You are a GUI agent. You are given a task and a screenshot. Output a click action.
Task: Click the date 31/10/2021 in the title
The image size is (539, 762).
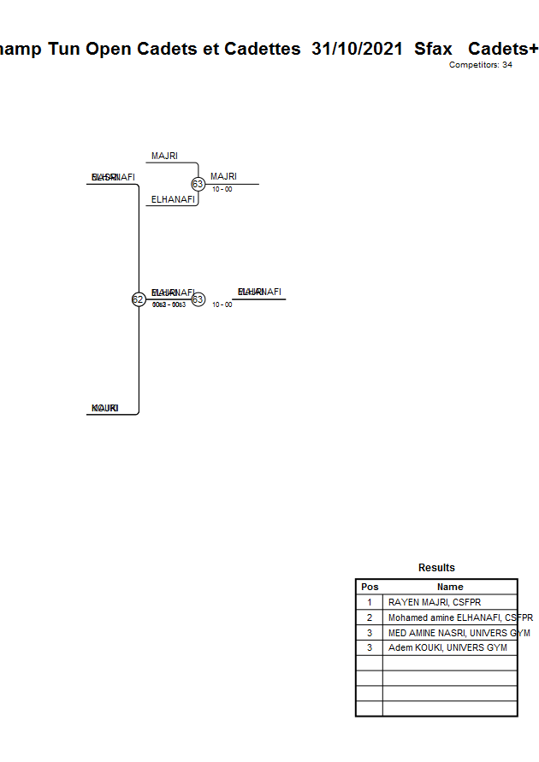coord(357,49)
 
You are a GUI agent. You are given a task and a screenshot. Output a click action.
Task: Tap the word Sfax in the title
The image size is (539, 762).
coord(433,49)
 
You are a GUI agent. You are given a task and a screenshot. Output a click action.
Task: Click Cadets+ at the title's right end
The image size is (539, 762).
coord(503,49)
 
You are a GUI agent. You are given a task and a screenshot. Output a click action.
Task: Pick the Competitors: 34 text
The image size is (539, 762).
coord(480,65)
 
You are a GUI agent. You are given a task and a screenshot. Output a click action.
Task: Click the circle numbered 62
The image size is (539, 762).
coord(138,299)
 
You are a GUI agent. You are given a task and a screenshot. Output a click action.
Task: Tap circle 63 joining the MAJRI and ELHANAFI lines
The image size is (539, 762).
coord(198,184)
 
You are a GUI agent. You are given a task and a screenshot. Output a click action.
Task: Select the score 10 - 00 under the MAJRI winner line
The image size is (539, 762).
coord(222,189)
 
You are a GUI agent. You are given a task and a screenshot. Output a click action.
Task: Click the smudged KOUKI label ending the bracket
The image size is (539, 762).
coord(104,409)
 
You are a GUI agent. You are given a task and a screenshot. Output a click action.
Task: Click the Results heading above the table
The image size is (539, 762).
coord(436,568)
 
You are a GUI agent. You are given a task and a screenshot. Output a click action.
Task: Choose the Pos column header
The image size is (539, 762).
coord(370,587)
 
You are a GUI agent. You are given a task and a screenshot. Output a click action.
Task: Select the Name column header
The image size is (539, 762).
coord(450,587)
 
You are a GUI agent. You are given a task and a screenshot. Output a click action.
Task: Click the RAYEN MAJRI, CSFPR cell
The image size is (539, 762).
coord(435,602)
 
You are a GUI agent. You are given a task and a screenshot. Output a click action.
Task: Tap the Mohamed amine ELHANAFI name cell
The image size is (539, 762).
coord(450,617)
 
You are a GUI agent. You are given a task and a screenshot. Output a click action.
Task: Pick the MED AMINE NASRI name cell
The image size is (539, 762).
coord(450,633)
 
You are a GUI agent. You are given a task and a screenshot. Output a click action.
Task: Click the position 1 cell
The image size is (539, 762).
coord(370,602)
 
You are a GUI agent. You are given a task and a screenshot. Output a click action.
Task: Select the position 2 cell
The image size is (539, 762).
coord(370,617)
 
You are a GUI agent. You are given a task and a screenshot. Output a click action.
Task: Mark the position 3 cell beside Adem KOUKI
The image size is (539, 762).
coord(370,648)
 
